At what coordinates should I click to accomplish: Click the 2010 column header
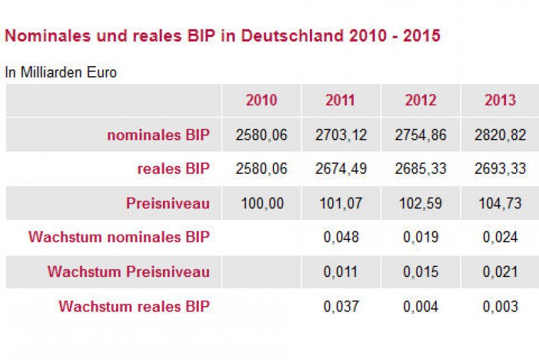(x=261, y=100)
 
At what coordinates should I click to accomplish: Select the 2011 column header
(x=341, y=100)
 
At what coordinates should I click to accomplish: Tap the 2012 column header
(x=420, y=100)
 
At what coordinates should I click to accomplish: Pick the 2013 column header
(x=500, y=100)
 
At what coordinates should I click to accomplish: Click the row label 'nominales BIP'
(x=158, y=135)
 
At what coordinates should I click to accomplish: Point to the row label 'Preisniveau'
(x=168, y=204)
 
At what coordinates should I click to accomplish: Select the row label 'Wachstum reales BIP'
(x=134, y=307)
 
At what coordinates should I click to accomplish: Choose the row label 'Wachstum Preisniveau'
(x=129, y=272)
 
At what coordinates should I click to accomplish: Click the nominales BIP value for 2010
(x=261, y=135)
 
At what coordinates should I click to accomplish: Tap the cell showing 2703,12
(x=341, y=135)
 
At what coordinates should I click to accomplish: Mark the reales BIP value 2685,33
(x=420, y=169)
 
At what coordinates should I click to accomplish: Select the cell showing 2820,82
(x=500, y=135)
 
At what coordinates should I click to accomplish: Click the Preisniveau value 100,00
(x=261, y=204)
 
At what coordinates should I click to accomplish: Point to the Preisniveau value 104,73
(x=500, y=204)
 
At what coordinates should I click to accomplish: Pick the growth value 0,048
(x=341, y=237)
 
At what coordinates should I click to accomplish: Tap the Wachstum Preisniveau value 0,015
(x=420, y=272)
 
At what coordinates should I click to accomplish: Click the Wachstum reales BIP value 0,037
(x=341, y=307)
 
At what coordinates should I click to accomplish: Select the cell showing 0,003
(x=500, y=307)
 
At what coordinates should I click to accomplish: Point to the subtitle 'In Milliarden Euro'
(x=61, y=73)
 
